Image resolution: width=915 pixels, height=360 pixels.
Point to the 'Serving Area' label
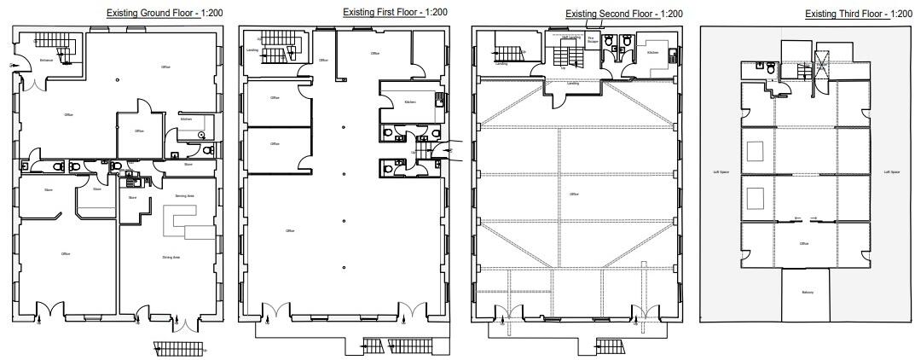click(x=185, y=195)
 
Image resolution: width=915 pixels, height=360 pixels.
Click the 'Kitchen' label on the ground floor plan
click(x=186, y=119)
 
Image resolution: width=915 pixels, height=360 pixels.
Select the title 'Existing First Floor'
click(x=382, y=13)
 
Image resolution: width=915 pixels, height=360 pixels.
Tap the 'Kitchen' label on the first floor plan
click(x=409, y=102)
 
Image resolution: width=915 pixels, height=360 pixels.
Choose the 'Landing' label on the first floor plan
click(x=252, y=50)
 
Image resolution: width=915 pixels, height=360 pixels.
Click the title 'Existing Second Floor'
click(x=612, y=14)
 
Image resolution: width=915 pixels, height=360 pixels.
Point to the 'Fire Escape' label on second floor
click(x=592, y=39)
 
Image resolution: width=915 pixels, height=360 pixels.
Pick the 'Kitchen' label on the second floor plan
click(x=652, y=52)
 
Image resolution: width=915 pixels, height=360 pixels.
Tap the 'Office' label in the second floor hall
click(x=574, y=194)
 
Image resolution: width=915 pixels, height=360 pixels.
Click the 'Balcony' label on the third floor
click(x=807, y=293)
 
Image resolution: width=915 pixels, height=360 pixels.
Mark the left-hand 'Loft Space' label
click(x=721, y=171)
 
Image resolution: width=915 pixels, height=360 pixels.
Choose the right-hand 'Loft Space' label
click(x=891, y=171)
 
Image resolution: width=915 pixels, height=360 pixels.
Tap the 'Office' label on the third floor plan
click(x=803, y=243)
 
